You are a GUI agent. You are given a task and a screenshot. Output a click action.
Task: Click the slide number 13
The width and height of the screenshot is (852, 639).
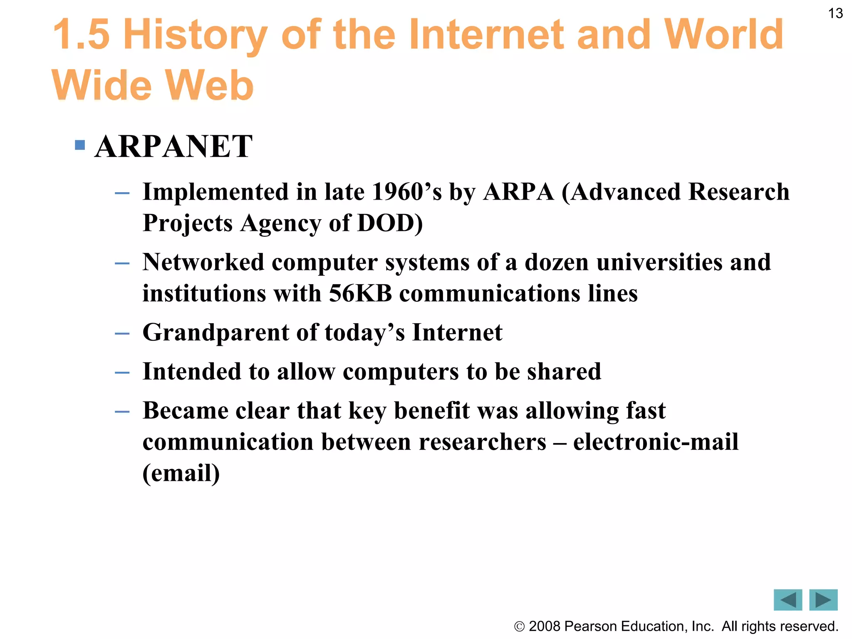click(835, 13)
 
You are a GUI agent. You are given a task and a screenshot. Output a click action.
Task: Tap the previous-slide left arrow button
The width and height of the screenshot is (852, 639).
click(788, 600)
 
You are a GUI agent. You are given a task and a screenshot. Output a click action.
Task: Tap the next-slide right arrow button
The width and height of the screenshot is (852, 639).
click(823, 600)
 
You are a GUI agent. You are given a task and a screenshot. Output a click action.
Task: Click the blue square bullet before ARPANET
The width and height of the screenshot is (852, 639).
click(80, 145)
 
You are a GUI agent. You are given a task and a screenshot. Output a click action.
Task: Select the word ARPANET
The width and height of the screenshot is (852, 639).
click(173, 146)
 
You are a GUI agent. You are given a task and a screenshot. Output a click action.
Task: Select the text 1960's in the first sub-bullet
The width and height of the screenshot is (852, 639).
click(406, 192)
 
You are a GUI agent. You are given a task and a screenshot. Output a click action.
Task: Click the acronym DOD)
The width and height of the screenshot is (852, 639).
click(390, 223)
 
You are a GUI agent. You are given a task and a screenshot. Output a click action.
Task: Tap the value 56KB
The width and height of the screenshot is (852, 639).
click(360, 293)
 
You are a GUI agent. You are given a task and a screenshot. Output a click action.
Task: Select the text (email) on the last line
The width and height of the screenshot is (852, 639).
click(181, 473)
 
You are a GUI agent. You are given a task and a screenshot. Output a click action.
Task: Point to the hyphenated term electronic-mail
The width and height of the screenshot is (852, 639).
click(656, 442)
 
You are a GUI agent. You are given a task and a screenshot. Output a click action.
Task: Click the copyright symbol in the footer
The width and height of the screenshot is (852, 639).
click(519, 627)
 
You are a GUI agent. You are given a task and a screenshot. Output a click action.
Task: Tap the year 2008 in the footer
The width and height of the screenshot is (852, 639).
click(545, 626)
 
